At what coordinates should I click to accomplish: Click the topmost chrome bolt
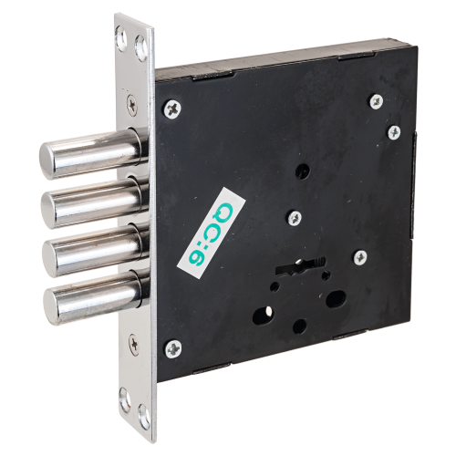click(91, 154)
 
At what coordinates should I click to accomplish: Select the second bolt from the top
click(93, 202)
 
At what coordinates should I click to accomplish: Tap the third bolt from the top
click(94, 249)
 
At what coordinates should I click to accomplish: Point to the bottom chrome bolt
click(96, 297)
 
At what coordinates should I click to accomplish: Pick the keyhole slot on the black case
click(300, 265)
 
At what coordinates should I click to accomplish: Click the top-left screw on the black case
click(172, 109)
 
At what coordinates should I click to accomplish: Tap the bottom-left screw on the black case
click(173, 348)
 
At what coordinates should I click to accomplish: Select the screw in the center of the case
click(295, 218)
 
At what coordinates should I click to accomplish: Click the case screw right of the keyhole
click(360, 257)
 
